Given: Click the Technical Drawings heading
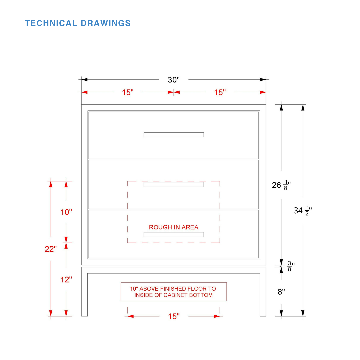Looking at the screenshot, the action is [x=78, y=23].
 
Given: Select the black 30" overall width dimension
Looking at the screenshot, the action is [x=174, y=80].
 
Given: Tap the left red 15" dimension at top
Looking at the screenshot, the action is [x=128, y=92].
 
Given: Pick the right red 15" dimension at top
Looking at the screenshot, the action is [x=220, y=92].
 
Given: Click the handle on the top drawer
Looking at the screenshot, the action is [x=174, y=135].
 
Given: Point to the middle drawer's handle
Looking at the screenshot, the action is [x=174, y=184].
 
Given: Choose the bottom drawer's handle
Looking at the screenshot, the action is [x=174, y=234].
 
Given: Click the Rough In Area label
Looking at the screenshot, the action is [x=174, y=227].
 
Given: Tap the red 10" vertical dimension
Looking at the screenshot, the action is [x=66, y=212].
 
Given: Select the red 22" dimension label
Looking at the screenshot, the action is [x=51, y=249].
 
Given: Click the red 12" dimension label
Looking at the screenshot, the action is [x=66, y=280].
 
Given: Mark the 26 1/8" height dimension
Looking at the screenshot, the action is [x=281, y=185].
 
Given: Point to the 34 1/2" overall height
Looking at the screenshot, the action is [x=303, y=210].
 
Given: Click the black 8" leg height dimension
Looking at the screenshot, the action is [x=281, y=292].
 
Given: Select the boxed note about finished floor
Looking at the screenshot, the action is [x=174, y=292].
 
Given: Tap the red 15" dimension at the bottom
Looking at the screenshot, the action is [x=174, y=316].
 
